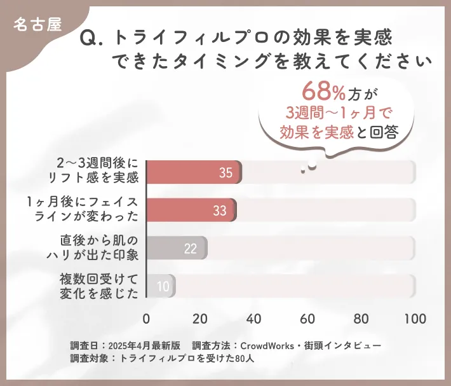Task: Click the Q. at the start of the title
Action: [x=93, y=39]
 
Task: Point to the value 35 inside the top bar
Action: [x=226, y=173]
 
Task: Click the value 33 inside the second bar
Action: [x=220, y=210]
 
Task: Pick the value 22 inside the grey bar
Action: [x=190, y=248]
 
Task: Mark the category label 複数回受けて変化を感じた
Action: [x=98, y=286]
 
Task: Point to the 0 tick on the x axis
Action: [x=147, y=319]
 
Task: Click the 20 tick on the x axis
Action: [x=200, y=319]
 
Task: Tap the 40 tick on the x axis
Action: [x=254, y=319]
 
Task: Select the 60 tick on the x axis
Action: [x=308, y=319]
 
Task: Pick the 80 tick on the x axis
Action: [x=361, y=319]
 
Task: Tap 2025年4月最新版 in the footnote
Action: [x=145, y=345]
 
